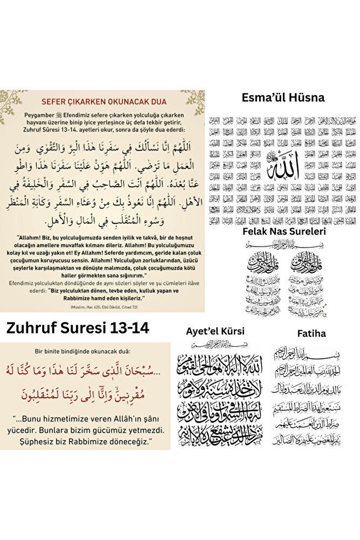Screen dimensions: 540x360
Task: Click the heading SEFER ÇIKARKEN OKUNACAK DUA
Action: pos(104,101)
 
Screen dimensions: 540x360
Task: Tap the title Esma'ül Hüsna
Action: pos(282,98)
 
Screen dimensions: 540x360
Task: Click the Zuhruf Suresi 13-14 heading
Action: pos(78,328)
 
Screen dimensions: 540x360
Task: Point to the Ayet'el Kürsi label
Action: pos(215,331)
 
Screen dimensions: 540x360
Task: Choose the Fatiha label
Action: pos(311,333)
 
